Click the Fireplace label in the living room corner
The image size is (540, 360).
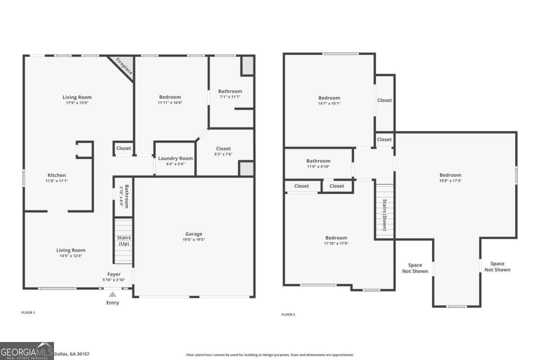pyautogui.click(x=122, y=66)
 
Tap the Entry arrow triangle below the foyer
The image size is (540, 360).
pyautogui.click(x=112, y=294)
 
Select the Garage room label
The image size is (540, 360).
pyautogui.click(x=194, y=234)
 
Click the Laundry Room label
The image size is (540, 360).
pyautogui.click(x=175, y=158)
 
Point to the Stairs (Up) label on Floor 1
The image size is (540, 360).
pyautogui.click(x=123, y=241)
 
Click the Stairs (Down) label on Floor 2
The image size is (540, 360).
pyautogui.click(x=385, y=215)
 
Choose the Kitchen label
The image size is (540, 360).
pyautogui.click(x=57, y=175)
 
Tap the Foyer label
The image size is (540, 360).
pyautogui.click(x=113, y=274)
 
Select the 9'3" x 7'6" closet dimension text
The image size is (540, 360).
pyautogui.click(x=223, y=154)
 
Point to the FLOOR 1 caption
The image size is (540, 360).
pyautogui.click(x=28, y=312)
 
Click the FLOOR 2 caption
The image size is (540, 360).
pyautogui.click(x=288, y=315)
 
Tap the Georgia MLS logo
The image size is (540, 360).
pyautogui.click(x=27, y=351)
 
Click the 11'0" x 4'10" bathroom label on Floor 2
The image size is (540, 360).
pyautogui.click(x=318, y=166)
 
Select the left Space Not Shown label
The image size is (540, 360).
pyautogui.click(x=415, y=268)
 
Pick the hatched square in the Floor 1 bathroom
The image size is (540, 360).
pyautogui.click(x=247, y=66)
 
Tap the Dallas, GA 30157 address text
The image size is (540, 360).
pyautogui.click(x=72, y=354)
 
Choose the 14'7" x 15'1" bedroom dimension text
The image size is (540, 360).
pyautogui.click(x=329, y=103)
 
